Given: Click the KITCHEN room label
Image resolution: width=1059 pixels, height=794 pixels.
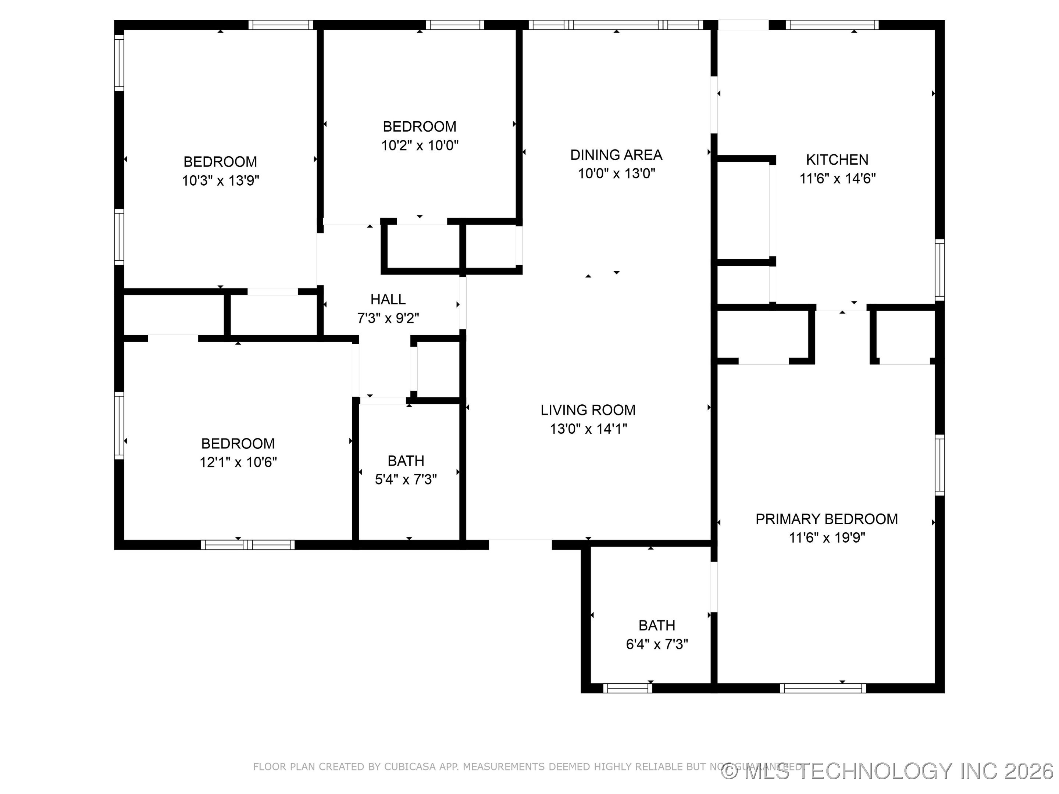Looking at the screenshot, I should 837,160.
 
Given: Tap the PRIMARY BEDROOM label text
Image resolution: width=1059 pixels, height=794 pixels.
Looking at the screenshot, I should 826,519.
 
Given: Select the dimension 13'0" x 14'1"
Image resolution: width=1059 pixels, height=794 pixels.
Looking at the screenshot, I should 588,429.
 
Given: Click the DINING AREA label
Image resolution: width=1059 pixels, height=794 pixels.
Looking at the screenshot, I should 616,155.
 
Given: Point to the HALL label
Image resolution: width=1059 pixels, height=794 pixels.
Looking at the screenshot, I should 388,299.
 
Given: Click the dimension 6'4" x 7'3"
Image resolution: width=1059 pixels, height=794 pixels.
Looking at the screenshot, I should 657,644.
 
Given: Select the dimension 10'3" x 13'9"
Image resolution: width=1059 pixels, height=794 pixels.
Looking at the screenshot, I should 220,180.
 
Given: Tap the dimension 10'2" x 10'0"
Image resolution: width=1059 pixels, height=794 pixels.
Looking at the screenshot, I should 420,145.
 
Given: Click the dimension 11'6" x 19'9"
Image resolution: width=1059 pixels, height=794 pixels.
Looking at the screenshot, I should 826,537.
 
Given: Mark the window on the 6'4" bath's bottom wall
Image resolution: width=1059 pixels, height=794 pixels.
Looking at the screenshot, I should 627,688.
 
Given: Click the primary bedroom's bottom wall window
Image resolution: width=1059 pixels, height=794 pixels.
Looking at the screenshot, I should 823,688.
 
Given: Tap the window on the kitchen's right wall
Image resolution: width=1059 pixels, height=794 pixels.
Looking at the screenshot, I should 940,270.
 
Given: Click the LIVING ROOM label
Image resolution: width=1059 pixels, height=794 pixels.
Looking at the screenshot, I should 588,410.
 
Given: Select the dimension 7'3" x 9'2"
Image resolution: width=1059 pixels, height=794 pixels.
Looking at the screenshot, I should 388,318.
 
